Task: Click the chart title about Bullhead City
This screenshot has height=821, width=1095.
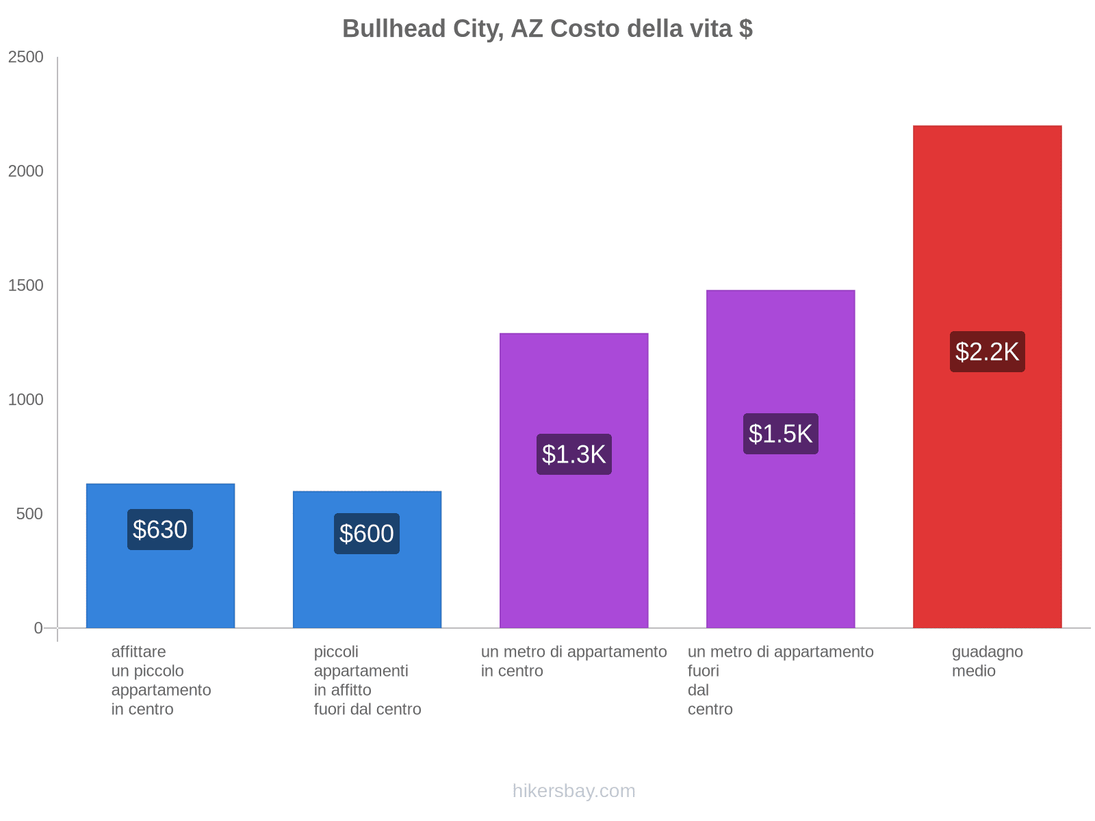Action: (x=547, y=29)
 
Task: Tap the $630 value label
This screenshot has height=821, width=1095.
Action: (x=160, y=530)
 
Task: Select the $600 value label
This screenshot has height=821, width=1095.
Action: (x=367, y=534)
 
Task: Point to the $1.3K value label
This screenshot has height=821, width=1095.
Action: (x=574, y=454)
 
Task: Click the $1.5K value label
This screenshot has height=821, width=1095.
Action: (x=780, y=434)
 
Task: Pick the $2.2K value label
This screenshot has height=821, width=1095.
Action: (x=987, y=352)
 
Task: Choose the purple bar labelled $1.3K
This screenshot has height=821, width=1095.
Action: (x=574, y=547)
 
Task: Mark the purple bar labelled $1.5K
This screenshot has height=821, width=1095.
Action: (x=780, y=534)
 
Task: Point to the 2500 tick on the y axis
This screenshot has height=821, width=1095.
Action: (x=26, y=57)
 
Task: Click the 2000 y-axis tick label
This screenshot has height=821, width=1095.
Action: (x=26, y=172)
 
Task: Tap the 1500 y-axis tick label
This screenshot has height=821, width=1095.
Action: (x=26, y=286)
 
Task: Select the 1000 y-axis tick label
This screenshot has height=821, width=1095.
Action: (x=26, y=400)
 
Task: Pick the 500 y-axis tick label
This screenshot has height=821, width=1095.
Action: (x=30, y=514)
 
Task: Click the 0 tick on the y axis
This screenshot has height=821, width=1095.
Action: (x=38, y=628)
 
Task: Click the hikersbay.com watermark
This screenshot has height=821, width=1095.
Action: (x=574, y=791)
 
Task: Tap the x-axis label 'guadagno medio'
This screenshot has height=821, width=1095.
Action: (x=987, y=662)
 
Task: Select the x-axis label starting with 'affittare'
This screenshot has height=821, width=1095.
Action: (x=161, y=680)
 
